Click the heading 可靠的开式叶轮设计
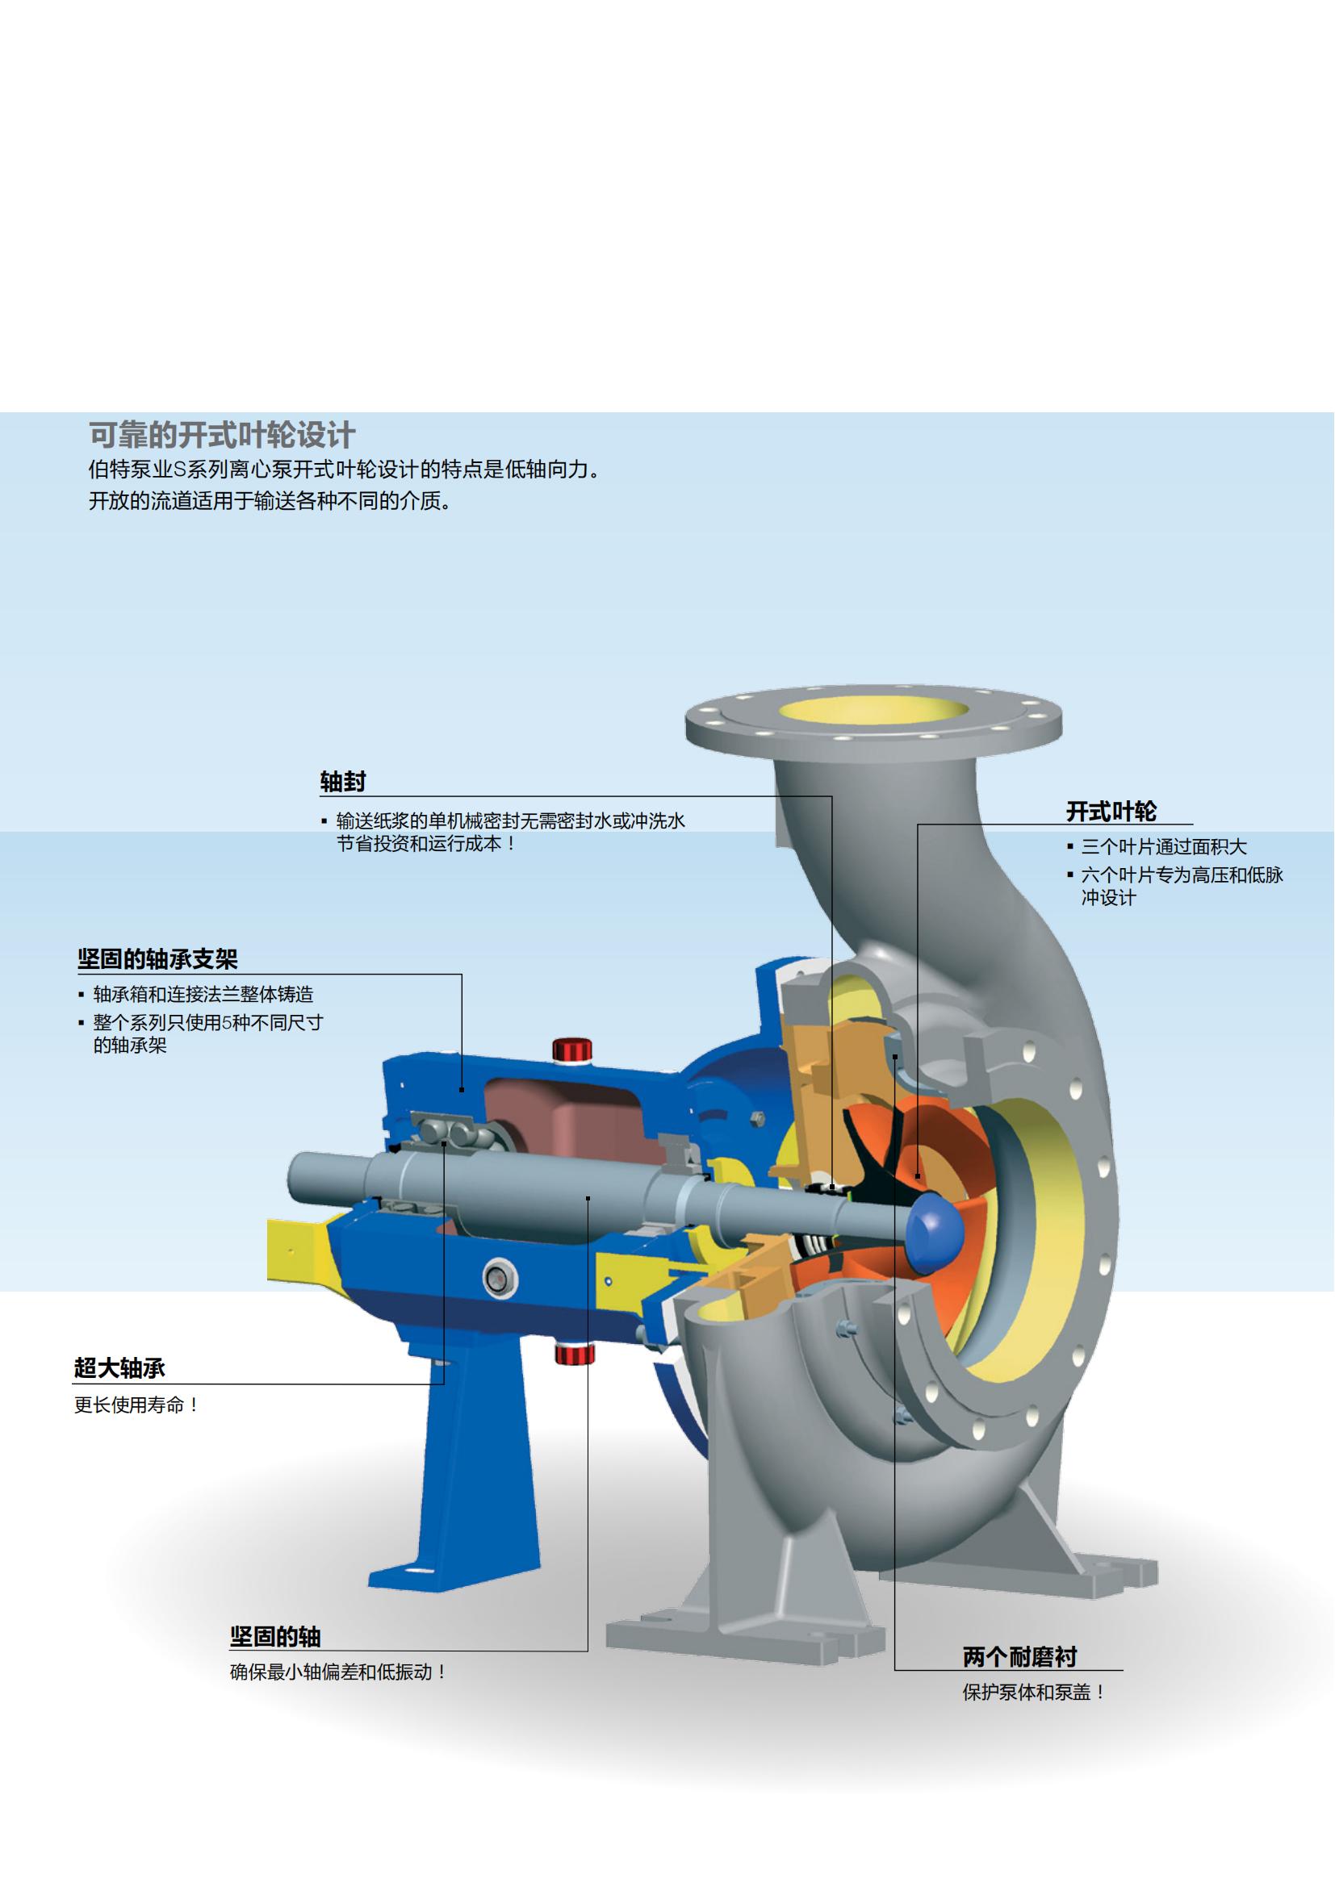[x=222, y=435]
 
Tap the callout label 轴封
[x=342, y=782]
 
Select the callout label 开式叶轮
[x=1111, y=812]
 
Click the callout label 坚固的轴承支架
[x=157, y=959]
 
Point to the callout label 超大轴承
[x=119, y=1367]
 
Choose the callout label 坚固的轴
[x=274, y=1636]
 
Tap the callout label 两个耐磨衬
[x=1019, y=1657]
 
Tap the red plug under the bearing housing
[x=573, y=1352]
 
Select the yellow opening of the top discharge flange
[x=873, y=709]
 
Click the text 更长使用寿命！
[x=136, y=1405]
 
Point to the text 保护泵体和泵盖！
[x=1034, y=1693]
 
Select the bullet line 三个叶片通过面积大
[x=1163, y=847]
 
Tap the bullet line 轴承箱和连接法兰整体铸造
[x=203, y=995]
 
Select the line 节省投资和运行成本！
[x=426, y=844]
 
